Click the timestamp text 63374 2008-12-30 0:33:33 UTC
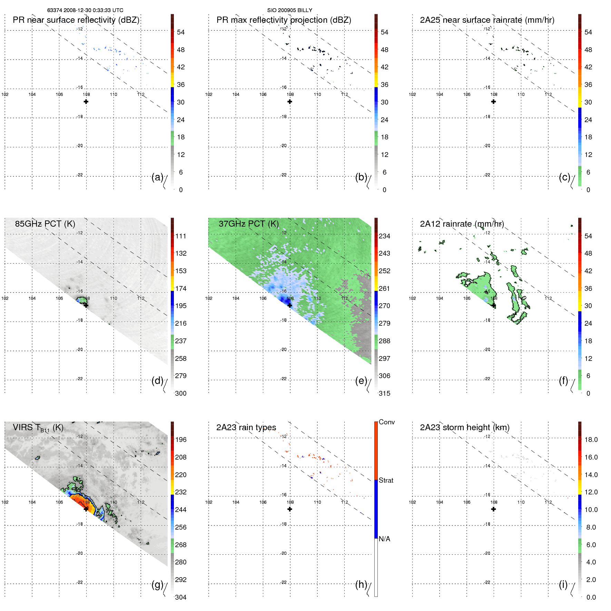point(85,10)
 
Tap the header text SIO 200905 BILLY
point(289,10)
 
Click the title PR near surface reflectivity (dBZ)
point(76,20)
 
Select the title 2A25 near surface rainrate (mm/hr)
point(487,20)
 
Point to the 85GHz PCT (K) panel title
point(45,224)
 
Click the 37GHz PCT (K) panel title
point(248,224)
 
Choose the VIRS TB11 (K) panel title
point(38,428)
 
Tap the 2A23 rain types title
point(246,428)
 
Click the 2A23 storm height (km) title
point(464,428)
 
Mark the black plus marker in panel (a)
point(86,101)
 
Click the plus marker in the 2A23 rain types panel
point(290,509)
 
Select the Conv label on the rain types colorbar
point(386,422)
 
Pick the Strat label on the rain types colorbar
point(386,481)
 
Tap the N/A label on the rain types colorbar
point(384,539)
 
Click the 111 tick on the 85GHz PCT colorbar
point(181,236)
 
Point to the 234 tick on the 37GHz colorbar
point(384,236)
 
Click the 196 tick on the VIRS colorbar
point(181,440)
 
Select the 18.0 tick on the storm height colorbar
point(591,440)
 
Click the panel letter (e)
point(361,381)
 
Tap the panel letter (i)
point(563,585)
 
